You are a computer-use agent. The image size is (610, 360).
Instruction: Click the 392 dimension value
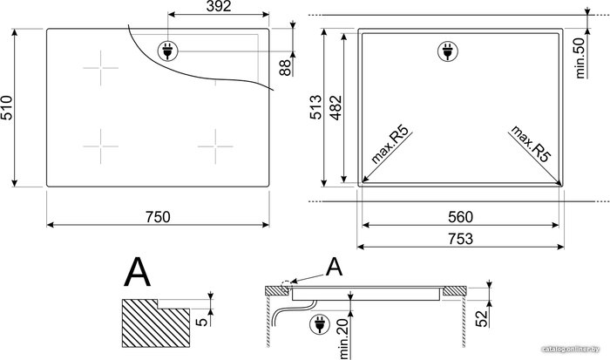(219, 6)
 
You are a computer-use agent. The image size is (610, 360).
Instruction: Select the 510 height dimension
(7, 107)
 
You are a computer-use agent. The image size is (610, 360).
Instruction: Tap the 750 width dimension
(158, 217)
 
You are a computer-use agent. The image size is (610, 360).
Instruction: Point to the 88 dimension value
(285, 67)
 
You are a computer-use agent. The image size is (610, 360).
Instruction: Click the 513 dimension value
(315, 107)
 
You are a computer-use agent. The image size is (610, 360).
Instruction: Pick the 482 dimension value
(335, 107)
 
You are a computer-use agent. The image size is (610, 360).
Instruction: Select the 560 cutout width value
(460, 217)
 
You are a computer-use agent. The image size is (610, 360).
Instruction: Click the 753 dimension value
(460, 239)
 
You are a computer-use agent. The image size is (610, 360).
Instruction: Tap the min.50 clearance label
(580, 58)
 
